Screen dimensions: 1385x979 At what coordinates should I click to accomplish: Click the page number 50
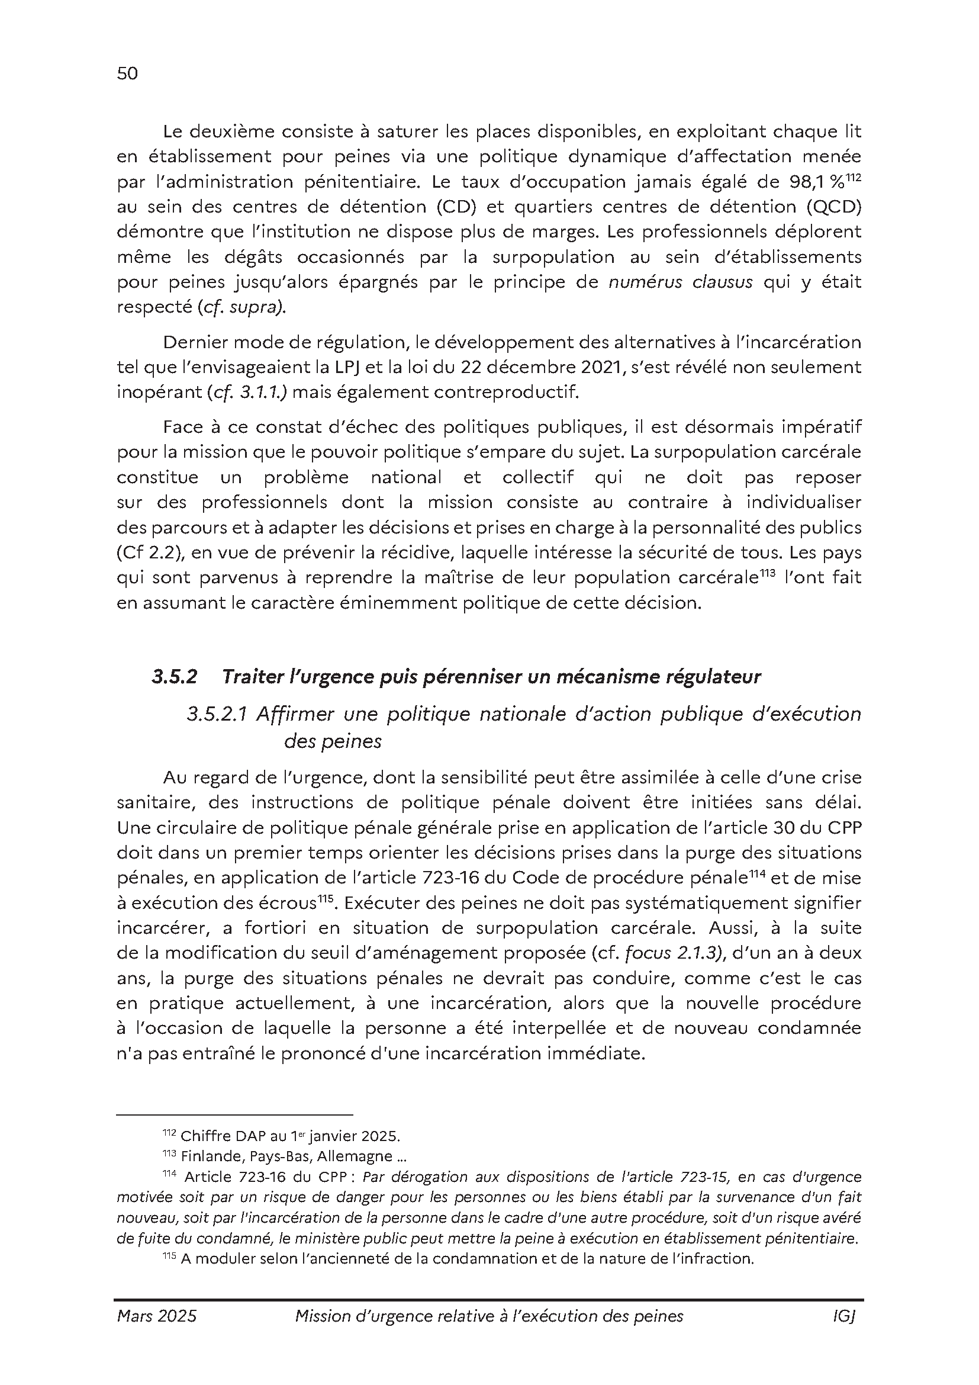(x=127, y=73)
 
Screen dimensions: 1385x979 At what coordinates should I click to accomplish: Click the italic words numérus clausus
(x=680, y=282)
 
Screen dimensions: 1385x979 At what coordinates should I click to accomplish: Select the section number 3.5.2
(x=174, y=677)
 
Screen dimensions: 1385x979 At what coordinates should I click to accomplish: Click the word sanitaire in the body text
(x=155, y=803)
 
